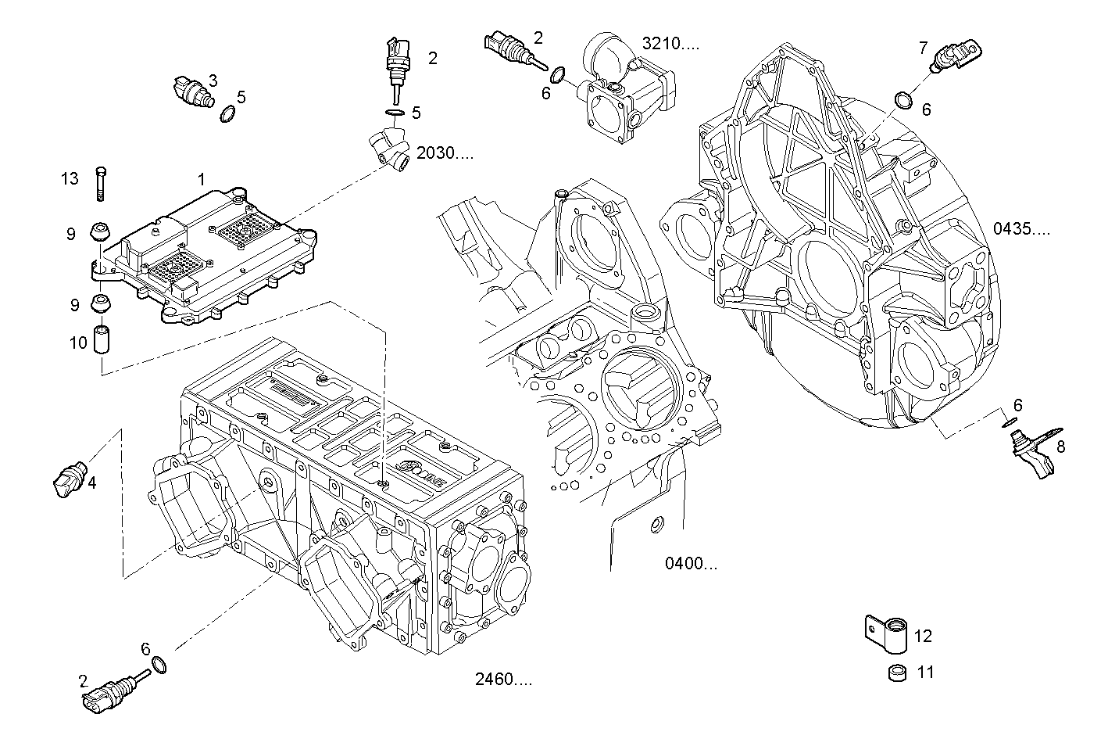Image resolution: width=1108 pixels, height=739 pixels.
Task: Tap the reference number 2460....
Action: (x=503, y=680)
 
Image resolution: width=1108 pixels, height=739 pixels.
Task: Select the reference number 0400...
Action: (x=691, y=563)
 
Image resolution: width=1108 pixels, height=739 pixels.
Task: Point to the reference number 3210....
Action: (x=670, y=43)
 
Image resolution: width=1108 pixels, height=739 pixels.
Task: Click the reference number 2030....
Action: (x=445, y=152)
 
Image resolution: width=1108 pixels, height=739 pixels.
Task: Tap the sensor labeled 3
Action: (x=191, y=91)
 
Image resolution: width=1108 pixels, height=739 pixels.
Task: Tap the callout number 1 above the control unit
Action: (x=201, y=179)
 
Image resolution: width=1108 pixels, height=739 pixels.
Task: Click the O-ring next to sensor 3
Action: (x=228, y=115)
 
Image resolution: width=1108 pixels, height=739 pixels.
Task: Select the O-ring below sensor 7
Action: (x=903, y=100)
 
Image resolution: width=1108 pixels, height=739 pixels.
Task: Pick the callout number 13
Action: (x=70, y=179)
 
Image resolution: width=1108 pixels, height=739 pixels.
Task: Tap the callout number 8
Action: (x=1060, y=447)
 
